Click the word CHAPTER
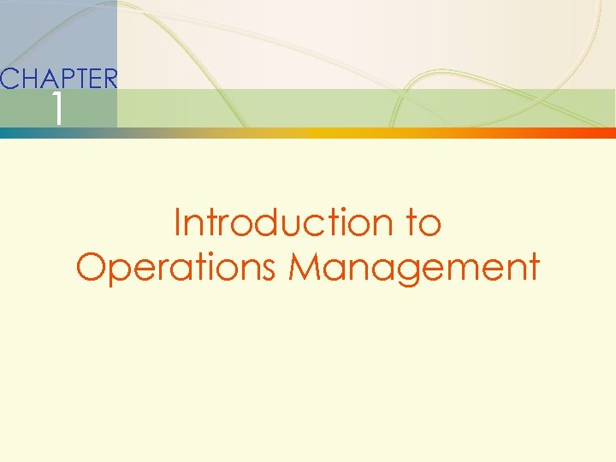(58, 80)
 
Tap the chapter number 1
(56, 110)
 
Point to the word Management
(415, 267)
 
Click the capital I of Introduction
(178, 223)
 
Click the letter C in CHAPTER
(9, 80)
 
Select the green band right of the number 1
(342, 108)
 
